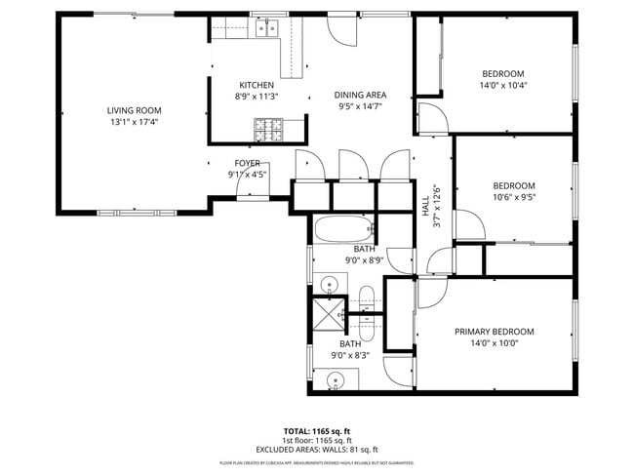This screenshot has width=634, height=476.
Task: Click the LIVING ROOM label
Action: point(134,110)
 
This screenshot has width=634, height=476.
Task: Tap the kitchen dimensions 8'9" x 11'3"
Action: point(257,97)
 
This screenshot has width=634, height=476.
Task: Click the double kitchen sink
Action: point(267,28)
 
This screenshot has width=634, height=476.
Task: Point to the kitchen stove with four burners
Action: point(266,126)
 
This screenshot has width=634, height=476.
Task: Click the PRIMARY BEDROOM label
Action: point(494,332)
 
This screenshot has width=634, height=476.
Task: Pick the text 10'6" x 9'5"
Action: point(513,197)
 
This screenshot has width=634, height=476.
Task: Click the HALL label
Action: point(425,206)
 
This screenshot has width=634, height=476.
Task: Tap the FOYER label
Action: point(247,163)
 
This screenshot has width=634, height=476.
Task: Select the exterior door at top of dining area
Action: point(342,30)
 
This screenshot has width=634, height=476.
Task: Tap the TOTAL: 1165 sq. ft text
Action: point(316,430)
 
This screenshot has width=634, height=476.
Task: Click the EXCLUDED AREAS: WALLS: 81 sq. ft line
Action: point(316,449)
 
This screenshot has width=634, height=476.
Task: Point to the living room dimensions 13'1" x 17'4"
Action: point(134,122)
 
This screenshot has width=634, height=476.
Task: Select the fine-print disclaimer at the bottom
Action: point(316,461)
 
